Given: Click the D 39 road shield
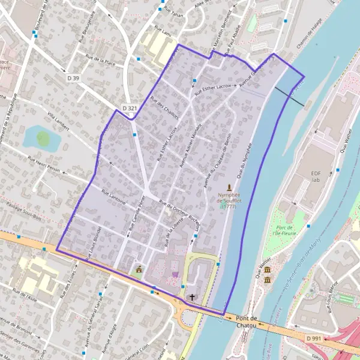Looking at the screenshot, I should point(72,78).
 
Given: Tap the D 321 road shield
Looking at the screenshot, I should point(130,108).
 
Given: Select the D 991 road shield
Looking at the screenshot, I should point(314,339).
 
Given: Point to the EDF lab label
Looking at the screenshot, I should point(317,176).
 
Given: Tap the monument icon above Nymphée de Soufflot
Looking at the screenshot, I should point(228,188).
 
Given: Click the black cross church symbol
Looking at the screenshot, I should point(193,297).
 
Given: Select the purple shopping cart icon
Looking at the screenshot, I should point(175,275).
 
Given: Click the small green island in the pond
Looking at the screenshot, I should point(43,139).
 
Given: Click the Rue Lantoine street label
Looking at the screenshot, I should point(113,198).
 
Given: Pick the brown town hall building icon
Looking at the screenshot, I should point(139,270).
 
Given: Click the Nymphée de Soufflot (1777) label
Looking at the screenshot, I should point(228,200).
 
